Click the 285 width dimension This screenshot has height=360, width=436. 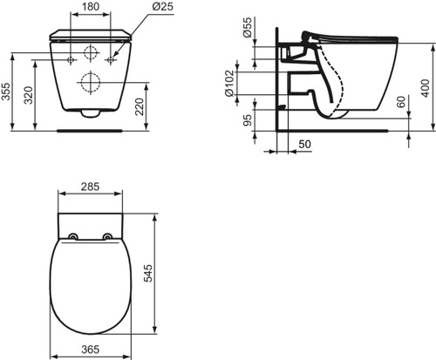[91, 186]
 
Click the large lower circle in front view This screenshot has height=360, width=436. [91, 84]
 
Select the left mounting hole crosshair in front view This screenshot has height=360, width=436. [71, 60]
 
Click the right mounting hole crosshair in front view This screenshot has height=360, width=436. [111, 60]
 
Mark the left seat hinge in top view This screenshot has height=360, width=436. [72, 236]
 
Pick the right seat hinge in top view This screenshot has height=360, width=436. [108, 236]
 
